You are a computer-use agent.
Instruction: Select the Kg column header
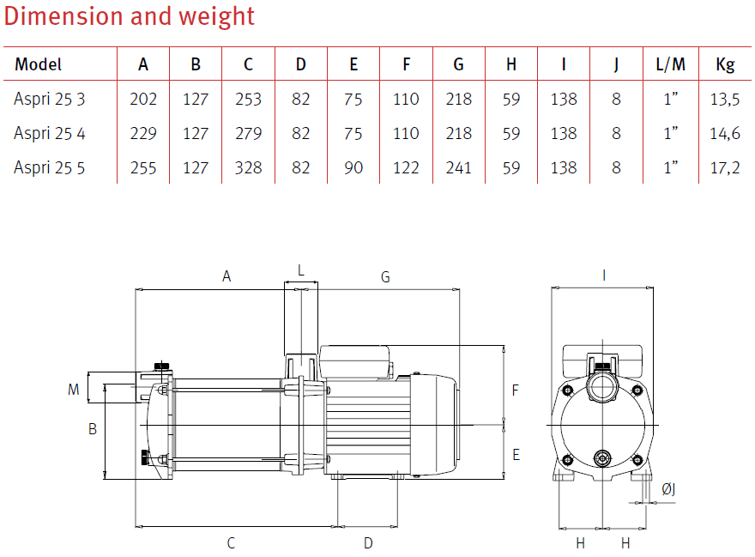tap(724, 64)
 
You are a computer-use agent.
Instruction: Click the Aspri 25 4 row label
tap(50, 133)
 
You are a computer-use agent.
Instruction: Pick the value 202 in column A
tap(143, 99)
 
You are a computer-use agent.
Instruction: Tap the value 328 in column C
tap(248, 167)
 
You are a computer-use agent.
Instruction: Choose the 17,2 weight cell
tap(724, 167)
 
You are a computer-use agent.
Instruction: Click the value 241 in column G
tap(459, 167)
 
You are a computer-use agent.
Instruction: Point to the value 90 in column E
tap(353, 167)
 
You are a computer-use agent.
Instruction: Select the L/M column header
tap(670, 64)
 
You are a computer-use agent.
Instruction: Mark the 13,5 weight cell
tap(724, 99)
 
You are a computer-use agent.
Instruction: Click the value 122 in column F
tap(406, 167)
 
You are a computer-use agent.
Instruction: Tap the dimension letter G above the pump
tap(385, 277)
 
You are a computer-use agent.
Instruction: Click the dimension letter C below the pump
tap(231, 542)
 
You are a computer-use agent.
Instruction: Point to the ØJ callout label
tap(669, 489)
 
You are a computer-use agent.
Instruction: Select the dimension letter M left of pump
tap(74, 390)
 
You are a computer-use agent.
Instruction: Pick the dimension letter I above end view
tap(604, 275)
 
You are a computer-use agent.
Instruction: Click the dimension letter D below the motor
tap(368, 542)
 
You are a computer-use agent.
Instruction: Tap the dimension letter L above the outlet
tap(300, 269)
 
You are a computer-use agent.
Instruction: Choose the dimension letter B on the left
tap(93, 429)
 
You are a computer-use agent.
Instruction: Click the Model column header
tap(39, 64)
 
